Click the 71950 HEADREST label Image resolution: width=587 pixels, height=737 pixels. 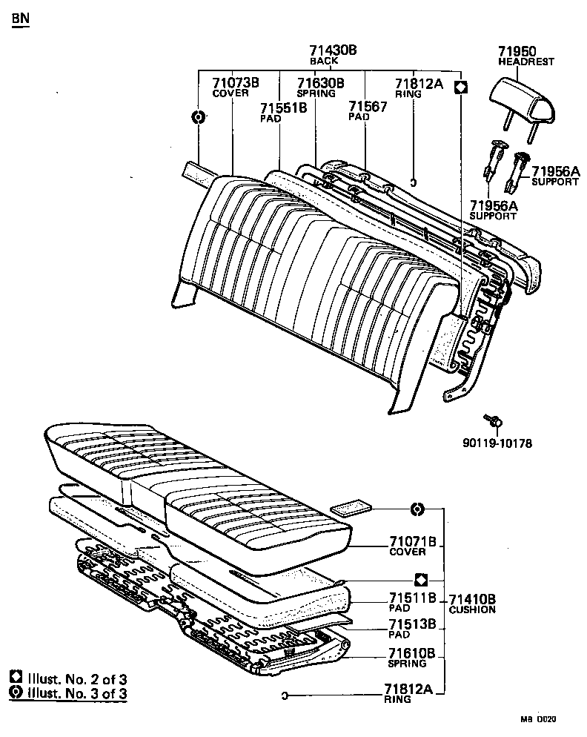(x=525, y=56)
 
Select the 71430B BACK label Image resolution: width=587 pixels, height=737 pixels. (x=333, y=55)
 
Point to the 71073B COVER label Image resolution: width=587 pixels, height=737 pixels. (x=235, y=87)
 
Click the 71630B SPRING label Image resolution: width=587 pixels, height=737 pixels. (x=320, y=87)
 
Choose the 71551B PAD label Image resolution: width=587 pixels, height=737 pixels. (x=282, y=112)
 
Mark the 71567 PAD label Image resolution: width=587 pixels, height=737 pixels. (x=368, y=111)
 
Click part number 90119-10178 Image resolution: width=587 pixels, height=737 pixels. (x=497, y=443)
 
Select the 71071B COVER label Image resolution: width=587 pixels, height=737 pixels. (x=412, y=546)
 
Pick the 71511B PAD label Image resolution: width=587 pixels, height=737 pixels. (x=412, y=602)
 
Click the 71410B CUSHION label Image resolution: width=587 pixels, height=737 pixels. (x=471, y=604)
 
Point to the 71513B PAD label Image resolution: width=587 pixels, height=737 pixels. (x=412, y=629)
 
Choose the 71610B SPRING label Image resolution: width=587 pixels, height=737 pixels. (x=412, y=658)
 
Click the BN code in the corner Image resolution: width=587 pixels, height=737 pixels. (x=21, y=18)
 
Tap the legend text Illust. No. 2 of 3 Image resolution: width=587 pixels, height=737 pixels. (x=76, y=678)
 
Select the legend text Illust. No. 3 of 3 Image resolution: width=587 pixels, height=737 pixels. (x=76, y=694)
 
